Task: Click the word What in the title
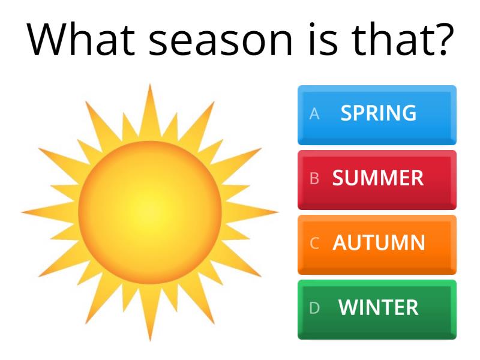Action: (x=77, y=40)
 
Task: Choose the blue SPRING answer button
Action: (x=377, y=115)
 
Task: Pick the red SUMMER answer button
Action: (x=377, y=179)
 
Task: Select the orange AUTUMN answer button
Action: (x=377, y=244)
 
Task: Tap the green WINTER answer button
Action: (x=377, y=309)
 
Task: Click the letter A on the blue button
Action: (x=314, y=114)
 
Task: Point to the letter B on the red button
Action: (x=314, y=179)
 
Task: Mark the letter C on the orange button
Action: (x=314, y=244)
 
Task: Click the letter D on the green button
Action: (x=314, y=308)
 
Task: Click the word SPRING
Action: (x=379, y=113)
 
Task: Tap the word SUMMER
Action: (x=378, y=178)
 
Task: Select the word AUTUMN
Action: (x=379, y=243)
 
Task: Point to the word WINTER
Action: (x=379, y=308)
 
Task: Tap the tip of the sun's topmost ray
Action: (x=150, y=86)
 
